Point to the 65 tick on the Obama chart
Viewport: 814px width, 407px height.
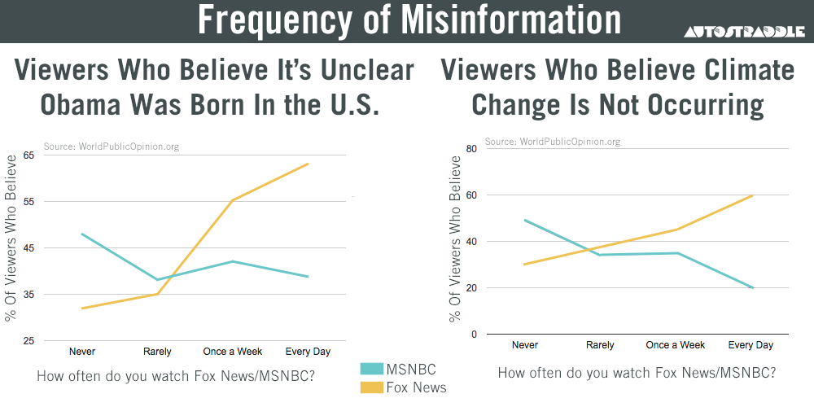29,155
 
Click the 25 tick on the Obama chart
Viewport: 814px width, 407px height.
29,341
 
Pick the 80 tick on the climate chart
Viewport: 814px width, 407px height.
470,149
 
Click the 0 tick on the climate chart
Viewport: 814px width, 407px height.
473,335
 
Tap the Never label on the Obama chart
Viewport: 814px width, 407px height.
81,352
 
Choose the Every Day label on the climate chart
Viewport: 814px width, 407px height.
751,345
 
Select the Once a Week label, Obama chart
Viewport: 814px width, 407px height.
232,352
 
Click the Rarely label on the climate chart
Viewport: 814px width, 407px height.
601,345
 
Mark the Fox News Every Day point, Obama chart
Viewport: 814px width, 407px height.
308,164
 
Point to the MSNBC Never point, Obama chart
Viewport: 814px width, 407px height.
82,234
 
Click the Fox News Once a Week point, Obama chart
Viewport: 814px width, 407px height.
233,200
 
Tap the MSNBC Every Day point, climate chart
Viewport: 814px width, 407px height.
751,287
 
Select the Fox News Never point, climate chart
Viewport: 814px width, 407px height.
526,265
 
